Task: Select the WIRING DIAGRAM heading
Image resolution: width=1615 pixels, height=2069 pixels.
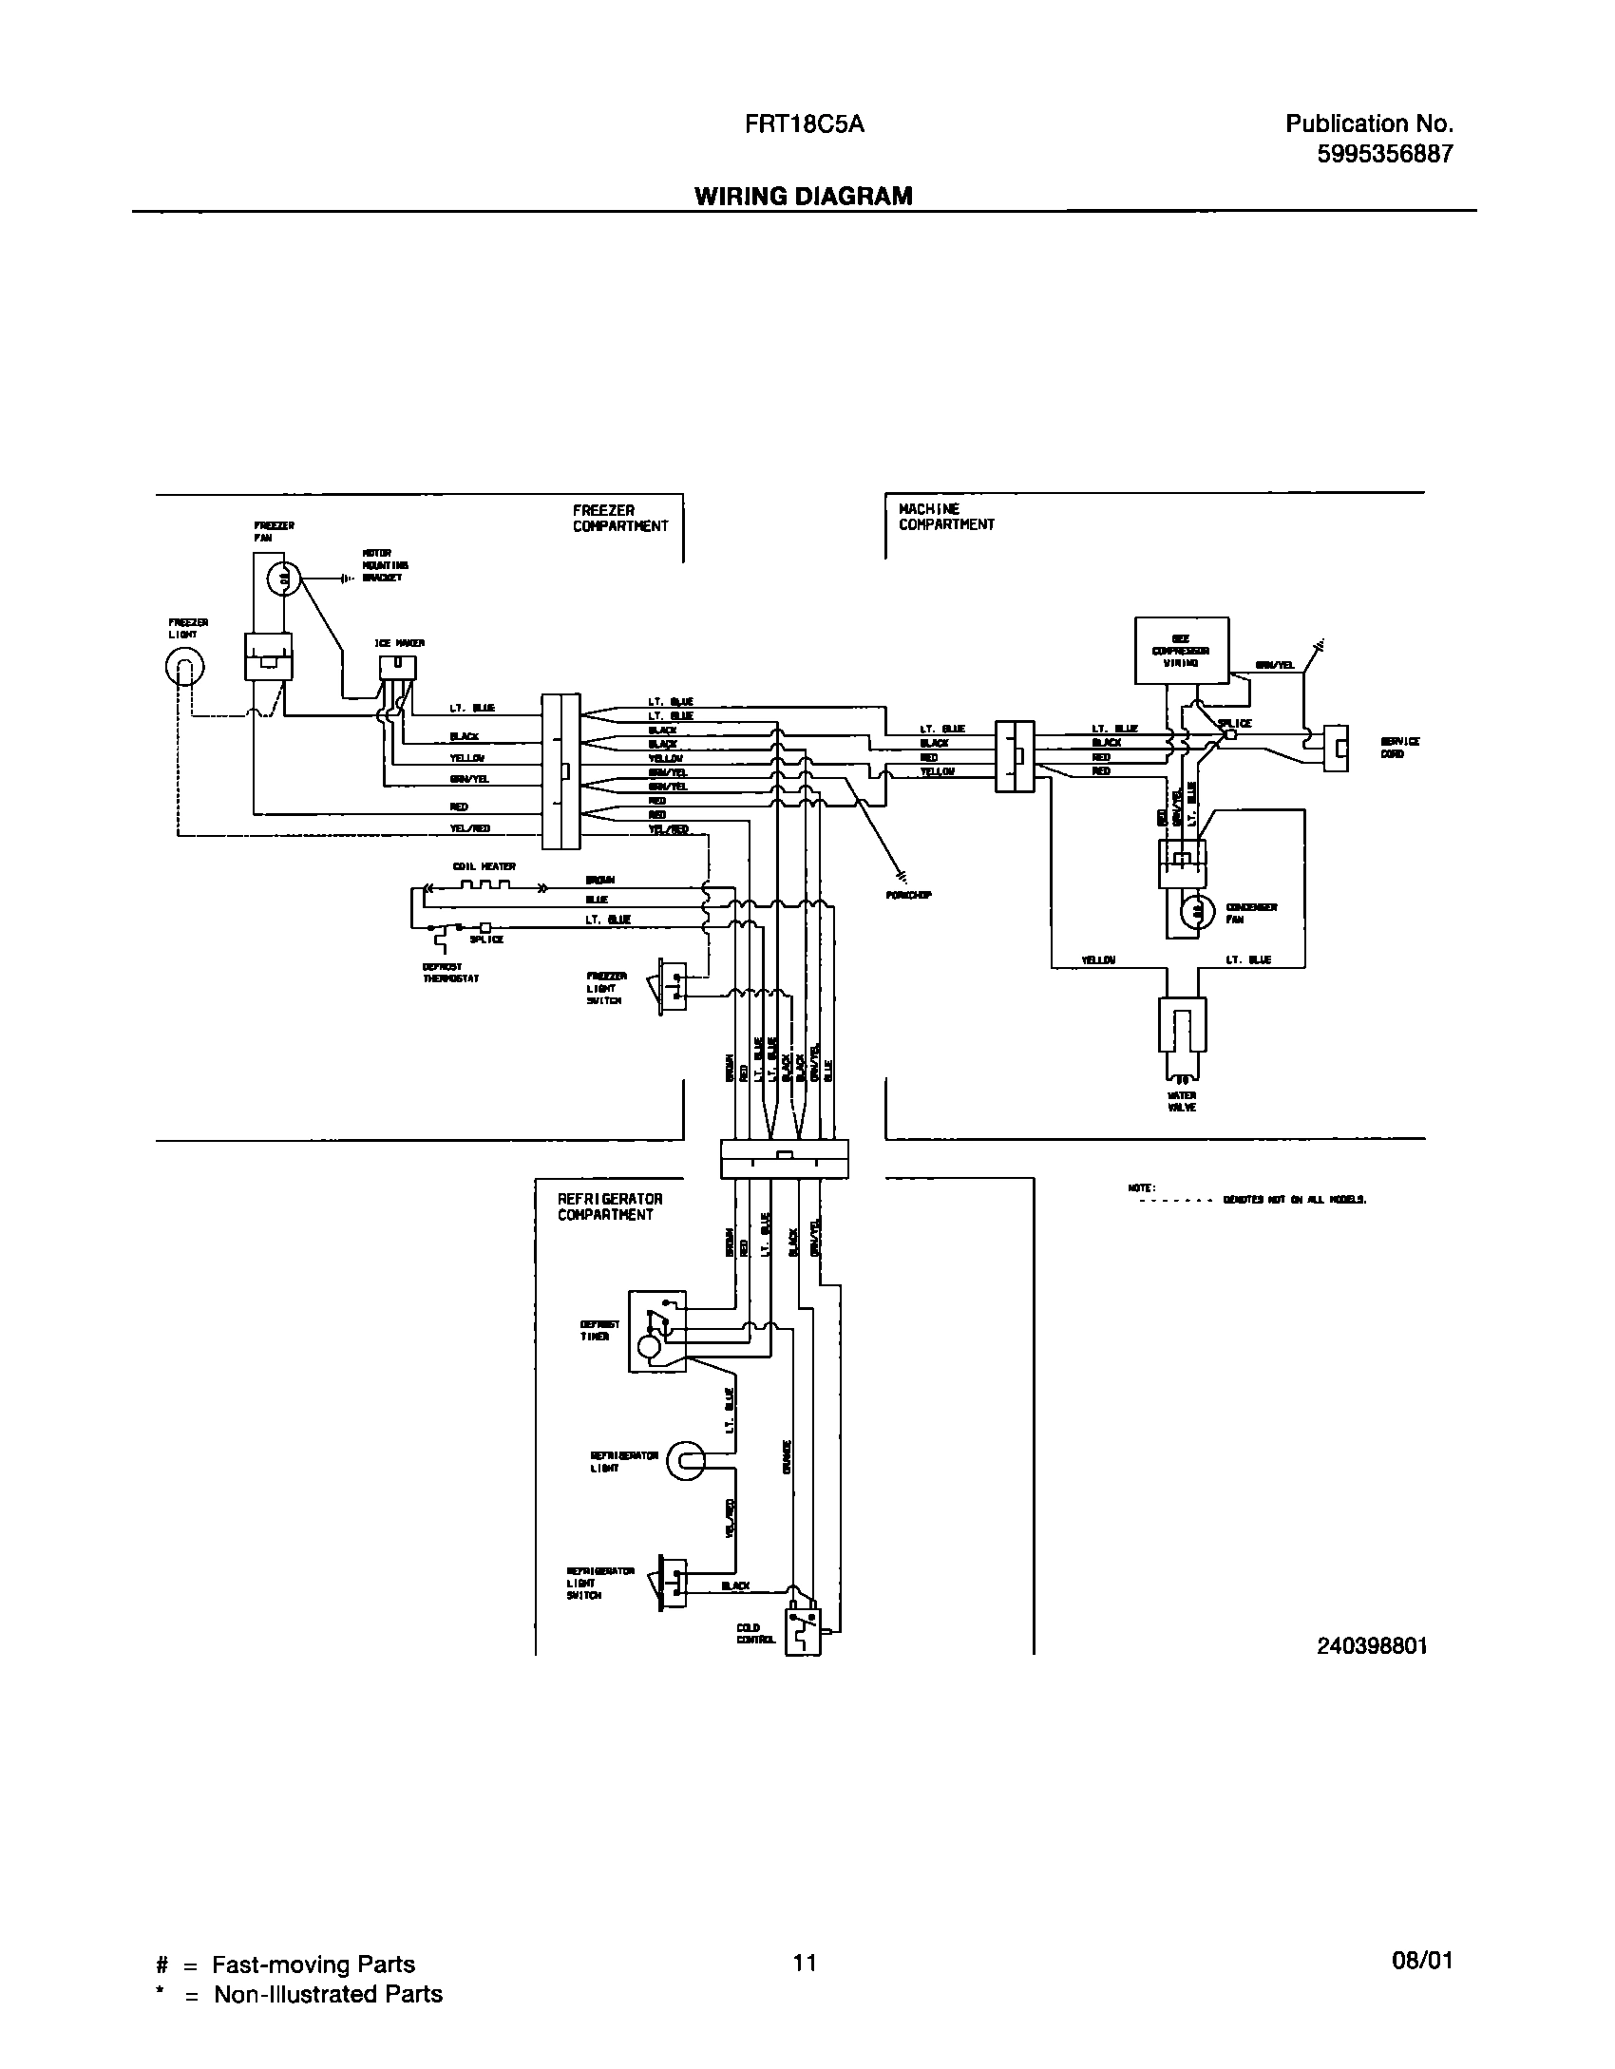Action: click(804, 196)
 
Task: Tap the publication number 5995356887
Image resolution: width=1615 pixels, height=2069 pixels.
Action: click(1385, 155)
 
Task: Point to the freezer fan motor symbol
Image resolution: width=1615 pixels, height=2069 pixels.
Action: click(282, 577)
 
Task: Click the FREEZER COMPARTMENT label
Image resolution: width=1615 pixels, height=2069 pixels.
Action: click(619, 519)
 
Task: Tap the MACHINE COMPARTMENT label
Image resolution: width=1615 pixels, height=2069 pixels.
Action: click(946, 517)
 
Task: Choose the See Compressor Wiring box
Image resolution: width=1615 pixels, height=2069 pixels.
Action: click(1182, 651)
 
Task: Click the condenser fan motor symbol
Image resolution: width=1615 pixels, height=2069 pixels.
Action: click(1197, 912)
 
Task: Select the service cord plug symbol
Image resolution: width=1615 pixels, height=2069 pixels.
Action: click(1337, 749)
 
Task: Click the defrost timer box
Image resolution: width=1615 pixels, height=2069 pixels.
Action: click(655, 1331)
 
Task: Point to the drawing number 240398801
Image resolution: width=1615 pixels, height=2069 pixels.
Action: click(1372, 1646)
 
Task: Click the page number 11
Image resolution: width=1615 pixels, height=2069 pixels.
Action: click(805, 1962)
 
